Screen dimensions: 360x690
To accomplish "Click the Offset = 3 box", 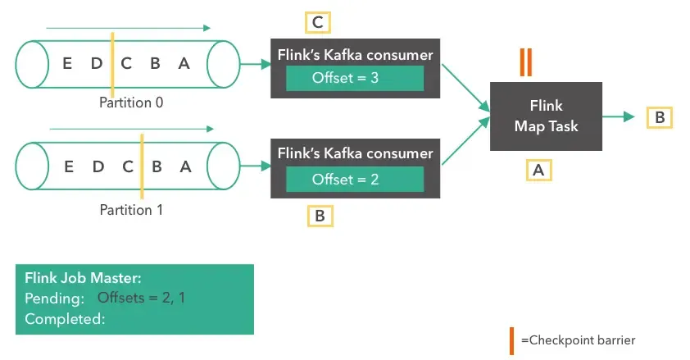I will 354,78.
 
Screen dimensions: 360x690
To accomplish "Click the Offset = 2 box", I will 354,179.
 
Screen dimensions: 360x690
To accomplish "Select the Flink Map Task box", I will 546,116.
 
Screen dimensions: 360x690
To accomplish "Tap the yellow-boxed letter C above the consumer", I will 317,22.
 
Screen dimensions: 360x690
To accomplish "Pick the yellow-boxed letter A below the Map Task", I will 538,169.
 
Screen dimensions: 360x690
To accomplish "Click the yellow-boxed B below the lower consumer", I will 319,216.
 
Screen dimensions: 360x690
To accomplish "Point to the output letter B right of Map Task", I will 659,117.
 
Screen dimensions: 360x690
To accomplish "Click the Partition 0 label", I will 131,103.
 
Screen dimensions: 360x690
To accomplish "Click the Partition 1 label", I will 131,209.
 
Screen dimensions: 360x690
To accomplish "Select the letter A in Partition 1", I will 186,166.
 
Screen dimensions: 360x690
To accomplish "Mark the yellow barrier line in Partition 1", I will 142,166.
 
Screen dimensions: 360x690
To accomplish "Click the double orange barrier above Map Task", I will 526,63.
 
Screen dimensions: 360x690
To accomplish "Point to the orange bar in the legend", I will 511,339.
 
